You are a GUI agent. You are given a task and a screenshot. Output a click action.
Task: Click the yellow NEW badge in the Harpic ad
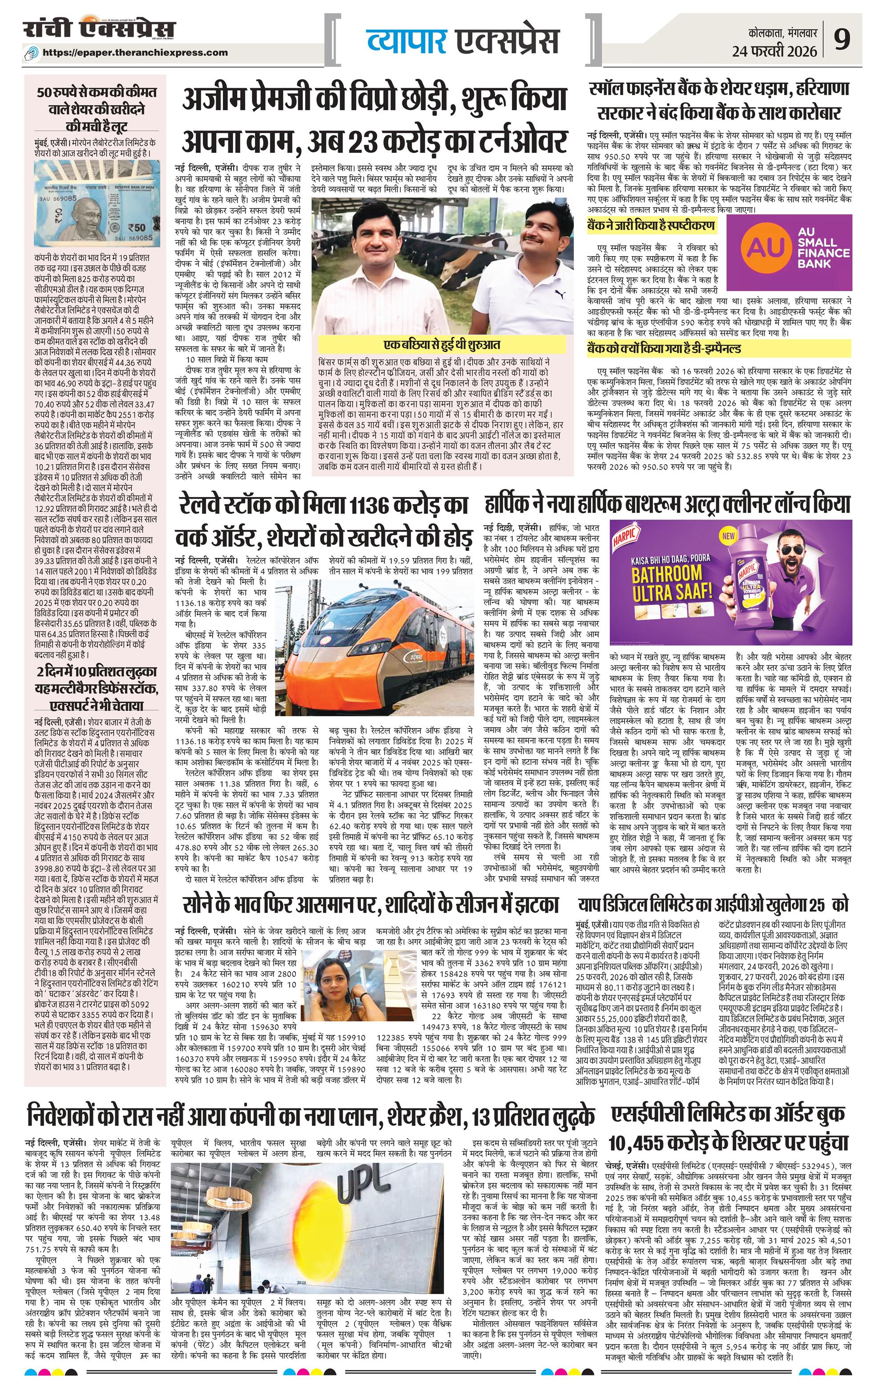(729, 536)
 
